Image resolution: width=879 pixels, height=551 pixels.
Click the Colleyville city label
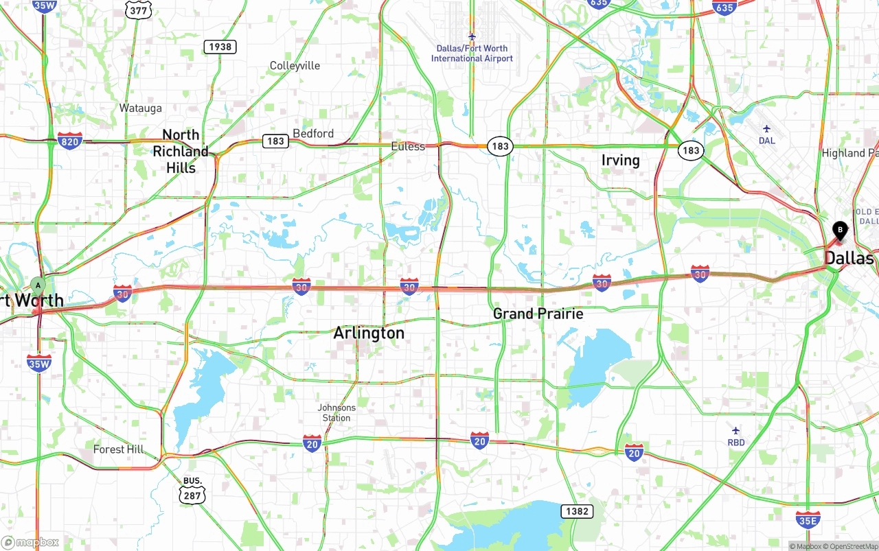tap(295, 66)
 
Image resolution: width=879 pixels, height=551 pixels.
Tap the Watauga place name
tap(140, 108)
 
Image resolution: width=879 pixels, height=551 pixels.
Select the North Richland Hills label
tap(181, 151)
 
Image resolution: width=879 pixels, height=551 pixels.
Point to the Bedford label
tap(313, 133)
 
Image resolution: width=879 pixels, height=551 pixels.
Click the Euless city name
tap(408, 146)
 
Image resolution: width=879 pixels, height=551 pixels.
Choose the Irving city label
tap(620, 160)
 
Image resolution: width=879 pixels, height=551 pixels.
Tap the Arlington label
tap(369, 333)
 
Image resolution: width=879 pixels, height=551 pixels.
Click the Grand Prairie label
tap(538, 314)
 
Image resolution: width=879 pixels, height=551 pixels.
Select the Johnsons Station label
tap(336, 412)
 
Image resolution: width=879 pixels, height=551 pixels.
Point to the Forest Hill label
tap(119, 449)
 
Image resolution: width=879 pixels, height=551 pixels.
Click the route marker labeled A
tap(38, 285)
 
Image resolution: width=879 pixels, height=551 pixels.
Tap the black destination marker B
tap(840, 231)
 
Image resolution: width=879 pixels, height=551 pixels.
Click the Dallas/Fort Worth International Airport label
tap(472, 54)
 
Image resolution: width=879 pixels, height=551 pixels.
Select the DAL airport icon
tap(766, 129)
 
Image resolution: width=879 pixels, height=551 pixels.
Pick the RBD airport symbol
tap(736, 431)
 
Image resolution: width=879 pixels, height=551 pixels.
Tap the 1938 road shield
tap(220, 47)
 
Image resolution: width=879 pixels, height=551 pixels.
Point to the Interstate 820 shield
tap(70, 141)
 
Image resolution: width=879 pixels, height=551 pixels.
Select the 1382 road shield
tap(576, 511)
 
